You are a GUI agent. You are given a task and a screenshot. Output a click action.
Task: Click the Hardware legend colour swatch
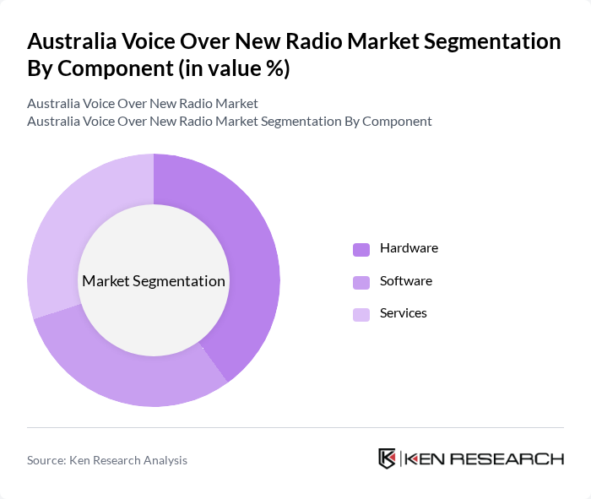coord(361,249)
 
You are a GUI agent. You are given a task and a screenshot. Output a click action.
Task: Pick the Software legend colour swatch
coord(361,281)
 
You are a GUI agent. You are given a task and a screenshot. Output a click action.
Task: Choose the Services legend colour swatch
coord(361,314)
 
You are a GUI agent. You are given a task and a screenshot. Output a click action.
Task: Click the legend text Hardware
coord(409,248)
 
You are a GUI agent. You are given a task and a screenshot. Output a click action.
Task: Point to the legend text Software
coord(405,280)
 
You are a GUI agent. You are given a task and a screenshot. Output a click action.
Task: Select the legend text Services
coord(403,313)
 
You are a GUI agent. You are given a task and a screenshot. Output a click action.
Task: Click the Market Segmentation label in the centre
coord(154,281)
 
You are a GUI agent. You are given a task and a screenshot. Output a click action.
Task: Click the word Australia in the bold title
coord(71,41)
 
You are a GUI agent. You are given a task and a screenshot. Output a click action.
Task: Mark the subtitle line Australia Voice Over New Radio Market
coord(143,104)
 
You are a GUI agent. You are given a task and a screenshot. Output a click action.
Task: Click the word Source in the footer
coord(46,460)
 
